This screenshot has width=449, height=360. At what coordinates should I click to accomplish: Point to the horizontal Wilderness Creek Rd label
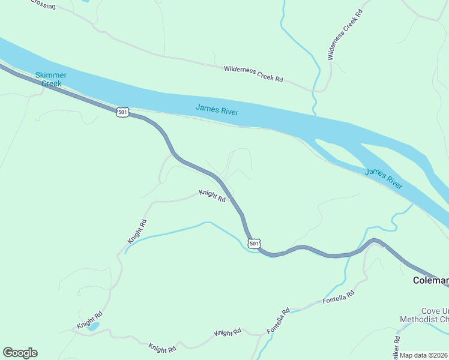click(253, 74)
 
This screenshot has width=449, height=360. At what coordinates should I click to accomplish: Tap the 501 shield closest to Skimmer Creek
click(122, 112)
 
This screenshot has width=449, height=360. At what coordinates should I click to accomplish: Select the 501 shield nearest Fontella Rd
click(254, 244)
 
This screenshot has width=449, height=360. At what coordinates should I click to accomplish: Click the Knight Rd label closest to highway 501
click(212, 196)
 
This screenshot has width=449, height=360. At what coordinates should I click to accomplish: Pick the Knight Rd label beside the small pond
click(89, 320)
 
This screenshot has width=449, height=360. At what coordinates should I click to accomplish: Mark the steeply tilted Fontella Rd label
click(279, 321)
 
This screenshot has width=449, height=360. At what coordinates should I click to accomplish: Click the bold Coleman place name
click(430, 280)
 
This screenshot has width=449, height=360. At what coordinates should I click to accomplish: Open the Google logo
click(20, 353)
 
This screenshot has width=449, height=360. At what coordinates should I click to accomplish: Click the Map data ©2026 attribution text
click(424, 355)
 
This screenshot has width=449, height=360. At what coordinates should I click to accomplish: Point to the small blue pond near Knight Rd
click(93, 327)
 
